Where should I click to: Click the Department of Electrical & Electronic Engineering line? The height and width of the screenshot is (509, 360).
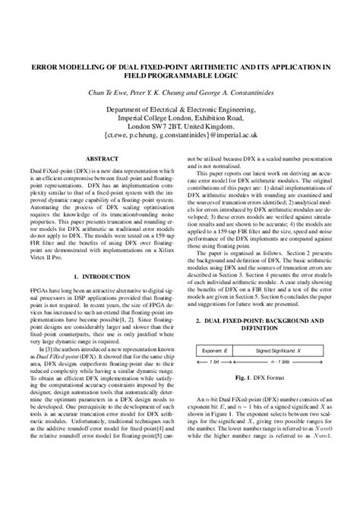180,109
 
